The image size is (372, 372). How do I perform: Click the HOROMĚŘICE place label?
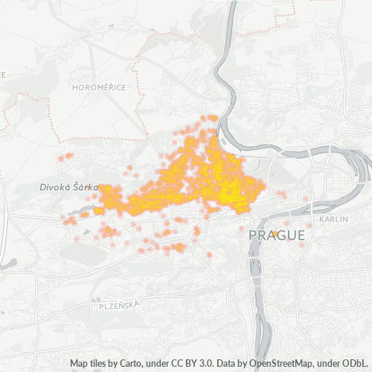pos(99,88)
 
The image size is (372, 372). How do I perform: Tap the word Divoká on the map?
pos(55,188)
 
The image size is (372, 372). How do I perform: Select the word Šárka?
pos(86,188)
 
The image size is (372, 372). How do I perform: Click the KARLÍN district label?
pos(333,221)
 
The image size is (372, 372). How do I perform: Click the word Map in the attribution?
pos(80,363)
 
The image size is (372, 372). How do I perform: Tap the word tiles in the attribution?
pos(100,363)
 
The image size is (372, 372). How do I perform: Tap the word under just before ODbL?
pos(330,363)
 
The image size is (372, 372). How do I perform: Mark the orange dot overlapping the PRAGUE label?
pos(275,234)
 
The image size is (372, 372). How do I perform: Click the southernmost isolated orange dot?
pos(209,255)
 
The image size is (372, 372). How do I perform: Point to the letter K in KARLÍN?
pos(321,221)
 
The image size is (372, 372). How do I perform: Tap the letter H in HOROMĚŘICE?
pos(74,88)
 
